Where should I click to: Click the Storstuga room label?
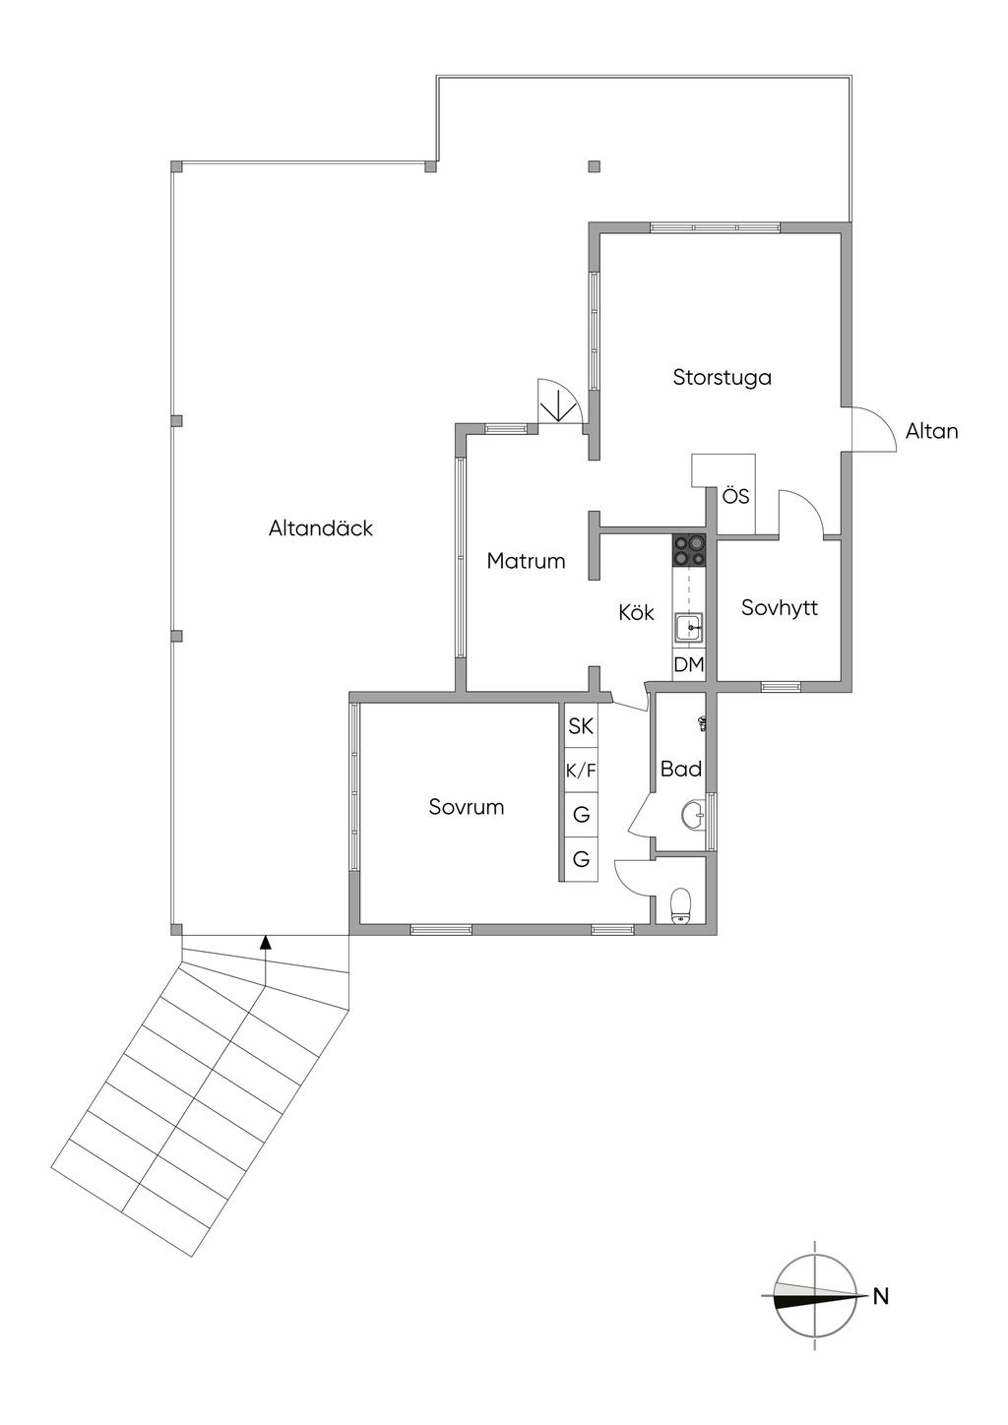722,378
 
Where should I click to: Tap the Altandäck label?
320,528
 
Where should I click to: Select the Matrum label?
526,561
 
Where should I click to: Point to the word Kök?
636,612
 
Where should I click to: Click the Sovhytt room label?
779,607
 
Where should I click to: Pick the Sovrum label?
467,807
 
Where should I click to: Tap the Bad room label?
680,769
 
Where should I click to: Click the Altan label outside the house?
931,431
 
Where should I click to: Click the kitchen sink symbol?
689,628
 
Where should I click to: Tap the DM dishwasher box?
689,665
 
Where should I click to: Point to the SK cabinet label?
581,725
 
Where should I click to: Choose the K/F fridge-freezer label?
581,771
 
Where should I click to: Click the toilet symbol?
681,905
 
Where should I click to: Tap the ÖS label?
735,496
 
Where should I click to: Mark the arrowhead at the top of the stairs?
266,942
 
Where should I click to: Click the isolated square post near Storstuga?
595,166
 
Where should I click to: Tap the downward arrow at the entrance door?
558,405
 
